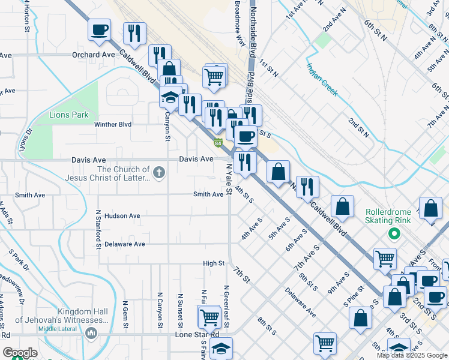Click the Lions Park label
(69, 115)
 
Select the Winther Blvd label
(113, 125)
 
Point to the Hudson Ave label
(122, 215)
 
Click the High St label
(213, 263)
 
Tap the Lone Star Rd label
(197, 334)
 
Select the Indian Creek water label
(322, 80)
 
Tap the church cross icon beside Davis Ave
(159, 173)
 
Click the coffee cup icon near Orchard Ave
(99, 29)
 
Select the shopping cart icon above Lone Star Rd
(209, 316)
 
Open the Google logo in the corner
(20, 353)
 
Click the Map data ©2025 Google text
(412, 355)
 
